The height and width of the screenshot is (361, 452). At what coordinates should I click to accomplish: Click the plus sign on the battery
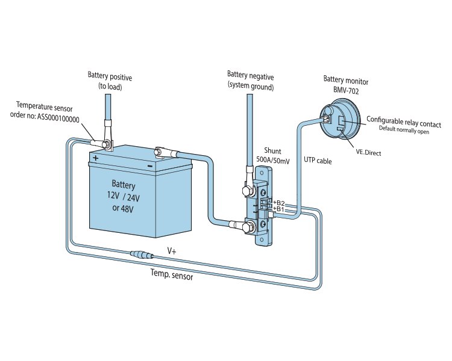[x=95, y=158]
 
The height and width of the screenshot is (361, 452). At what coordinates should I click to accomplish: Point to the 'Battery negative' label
[x=250, y=75]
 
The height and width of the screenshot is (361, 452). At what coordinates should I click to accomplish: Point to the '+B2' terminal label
[x=278, y=202]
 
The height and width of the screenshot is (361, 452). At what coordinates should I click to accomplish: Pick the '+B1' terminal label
[x=278, y=209]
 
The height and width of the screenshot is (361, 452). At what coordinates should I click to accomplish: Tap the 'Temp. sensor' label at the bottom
[x=171, y=272]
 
